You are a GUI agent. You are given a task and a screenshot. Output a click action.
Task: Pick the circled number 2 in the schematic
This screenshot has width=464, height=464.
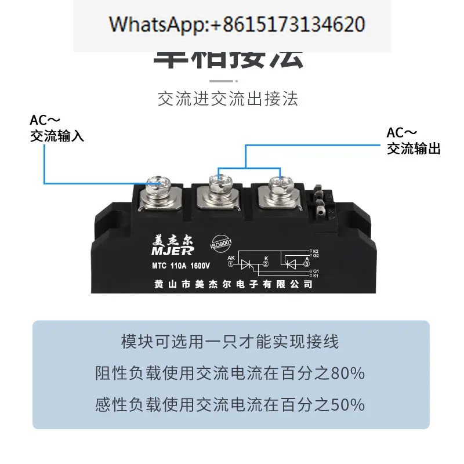(266, 264)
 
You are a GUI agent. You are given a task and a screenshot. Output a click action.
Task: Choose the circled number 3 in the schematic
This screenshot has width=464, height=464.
(307, 264)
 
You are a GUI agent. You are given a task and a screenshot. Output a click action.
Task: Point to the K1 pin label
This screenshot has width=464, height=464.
(316, 275)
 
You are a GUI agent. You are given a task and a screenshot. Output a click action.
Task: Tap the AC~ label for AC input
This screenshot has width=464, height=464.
(45, 121)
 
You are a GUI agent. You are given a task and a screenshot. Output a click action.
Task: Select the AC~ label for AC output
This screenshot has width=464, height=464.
(401, 133)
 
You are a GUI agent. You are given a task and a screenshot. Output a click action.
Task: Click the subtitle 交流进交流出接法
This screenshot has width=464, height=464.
(228, 99)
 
